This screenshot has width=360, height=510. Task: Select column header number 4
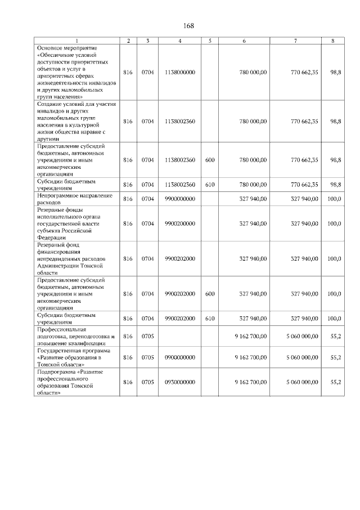[179, 41]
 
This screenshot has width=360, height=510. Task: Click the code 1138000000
[180, 73]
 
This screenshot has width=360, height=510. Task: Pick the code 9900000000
[180, 199]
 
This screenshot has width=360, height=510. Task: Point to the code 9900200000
[180, 223]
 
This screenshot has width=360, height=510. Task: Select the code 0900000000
[180, 357]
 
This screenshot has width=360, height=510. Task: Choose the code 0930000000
[180, 382]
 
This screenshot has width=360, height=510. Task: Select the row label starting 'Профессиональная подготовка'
[75, 336]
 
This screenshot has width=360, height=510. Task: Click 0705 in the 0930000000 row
[147, 382]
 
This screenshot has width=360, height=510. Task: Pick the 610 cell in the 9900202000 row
[210, 318]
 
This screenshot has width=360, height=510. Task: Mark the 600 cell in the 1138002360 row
[210, 160]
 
